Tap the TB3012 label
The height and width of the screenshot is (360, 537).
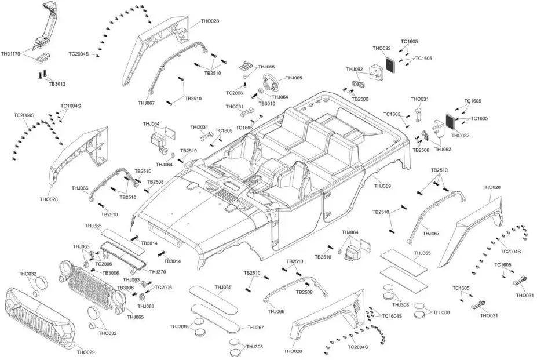(x=57, y=84)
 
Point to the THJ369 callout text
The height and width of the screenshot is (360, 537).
(x=382, y=186)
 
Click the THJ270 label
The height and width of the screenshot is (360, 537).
(x=158, y=271)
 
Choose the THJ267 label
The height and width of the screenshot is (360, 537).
(x=255, y=328)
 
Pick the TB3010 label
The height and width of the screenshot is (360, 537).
(x=267, y=104)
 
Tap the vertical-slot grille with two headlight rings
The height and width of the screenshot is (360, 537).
(x=93, y=284)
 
